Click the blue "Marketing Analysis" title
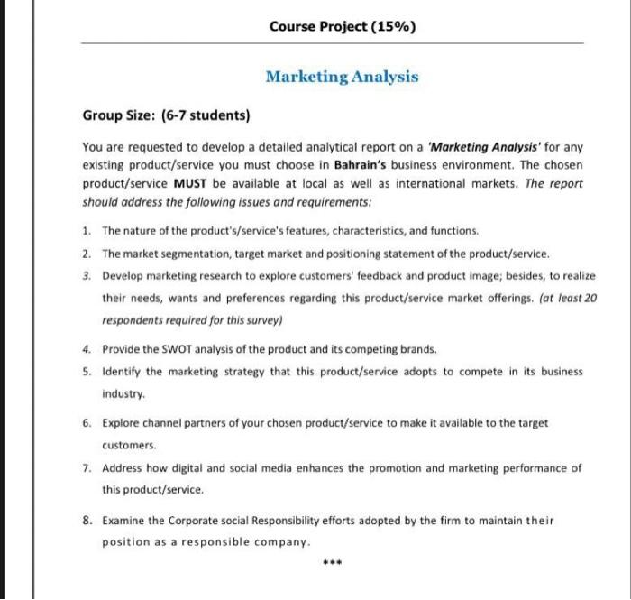(x=342, y=77)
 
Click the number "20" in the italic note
(x=590, y=297)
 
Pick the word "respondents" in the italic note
(x=132, y=319)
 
